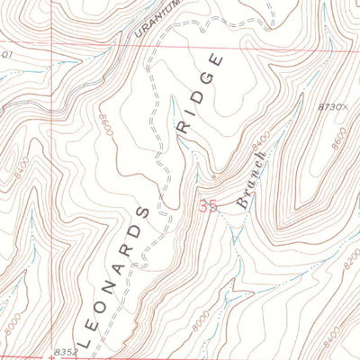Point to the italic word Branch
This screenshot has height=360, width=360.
click(x=251, y=181)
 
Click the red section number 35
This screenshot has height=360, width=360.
click(x=208, y=206)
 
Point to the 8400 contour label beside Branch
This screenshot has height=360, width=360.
click(x=261, y=140)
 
